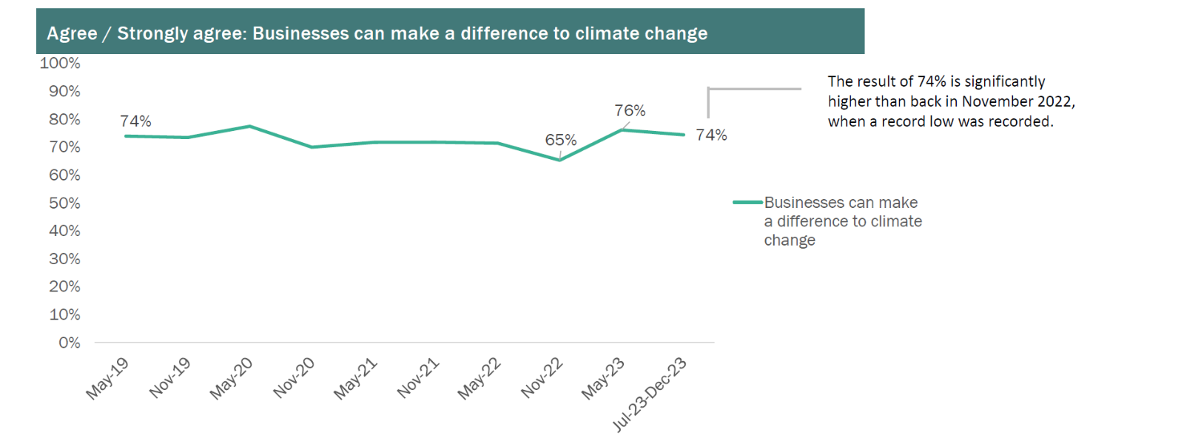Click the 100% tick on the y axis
click(60, 63)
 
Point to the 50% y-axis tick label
click(64, 203)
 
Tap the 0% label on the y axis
click(69, 343)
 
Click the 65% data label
click(561, 140)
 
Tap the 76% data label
click(630, 110)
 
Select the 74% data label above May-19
click(135, 121)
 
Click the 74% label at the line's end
click(711, 135)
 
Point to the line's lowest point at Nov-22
click(559, 160)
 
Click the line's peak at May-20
click(250, 126)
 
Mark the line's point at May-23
click(622, 129)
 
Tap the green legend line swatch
click(747, 202)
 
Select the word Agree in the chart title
click(72, 33)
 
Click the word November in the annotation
click(996, 101)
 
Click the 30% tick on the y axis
click(64, 259)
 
